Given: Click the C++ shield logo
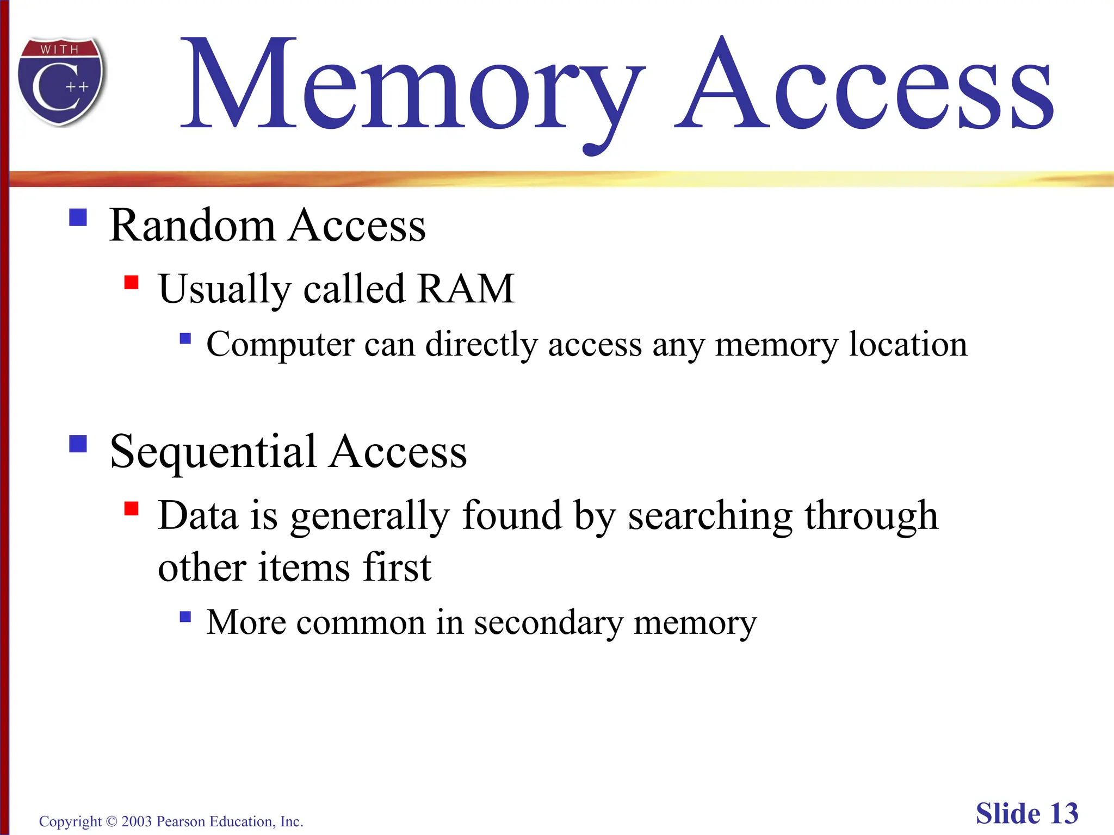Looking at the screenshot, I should (x=61, y=82).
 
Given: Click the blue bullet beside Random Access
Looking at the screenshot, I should (x=78, y=217).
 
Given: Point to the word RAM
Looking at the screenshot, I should (x=466, y=288).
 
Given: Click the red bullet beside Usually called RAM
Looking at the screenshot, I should (x=131, y=283).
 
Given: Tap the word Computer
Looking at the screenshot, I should (x=280, y=345).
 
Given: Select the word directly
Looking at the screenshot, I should (x=481, y=345).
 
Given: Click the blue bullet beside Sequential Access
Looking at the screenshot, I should (x=78, y=444).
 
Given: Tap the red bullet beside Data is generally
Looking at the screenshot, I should (x=131, y=509).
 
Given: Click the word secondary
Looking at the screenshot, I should (x=548, y=622).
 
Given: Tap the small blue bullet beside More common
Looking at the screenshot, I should (x=185, y=616).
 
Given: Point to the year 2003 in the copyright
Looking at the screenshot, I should (x=137, y=821).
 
